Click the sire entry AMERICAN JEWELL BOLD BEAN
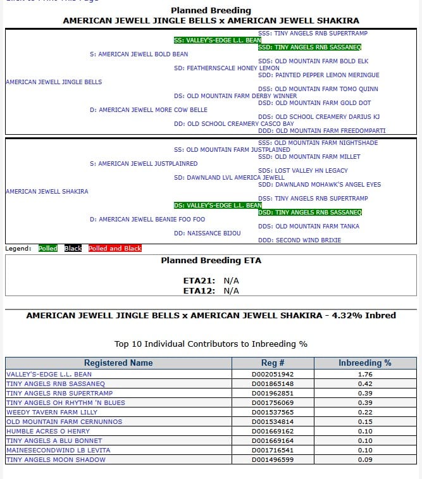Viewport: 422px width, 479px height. pyautogui.click(x=139, y=54)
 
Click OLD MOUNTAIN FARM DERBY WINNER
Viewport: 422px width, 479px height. pyautogui.click(x=227, y=96)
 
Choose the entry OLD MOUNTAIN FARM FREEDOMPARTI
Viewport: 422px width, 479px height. pyautogui.click(x=322, y=130)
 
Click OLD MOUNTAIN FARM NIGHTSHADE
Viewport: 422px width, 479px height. pyautogui.click(x=318, y=143)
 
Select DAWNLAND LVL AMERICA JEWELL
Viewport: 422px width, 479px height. pyautogui.click(x=229, y=178)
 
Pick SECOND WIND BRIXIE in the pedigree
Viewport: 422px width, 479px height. pyautogui.click(x=299, y=240)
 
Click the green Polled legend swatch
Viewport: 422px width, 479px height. pyautogui.click(x=48, y=249)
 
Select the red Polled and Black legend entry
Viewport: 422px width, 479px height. pyautogui.click(x=115, y=249)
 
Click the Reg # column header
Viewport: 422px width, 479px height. pyautogui.click(x=273, y=363)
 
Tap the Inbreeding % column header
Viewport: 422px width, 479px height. pyautogui.click(x=365, y=363)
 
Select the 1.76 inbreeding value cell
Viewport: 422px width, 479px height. pyautogui.click(x=365, y=374)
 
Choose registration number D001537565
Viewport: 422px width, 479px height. pyautogui.click(x=273, y=412)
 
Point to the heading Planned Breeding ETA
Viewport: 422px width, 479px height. pyautogui.click(x=211, y=260)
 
